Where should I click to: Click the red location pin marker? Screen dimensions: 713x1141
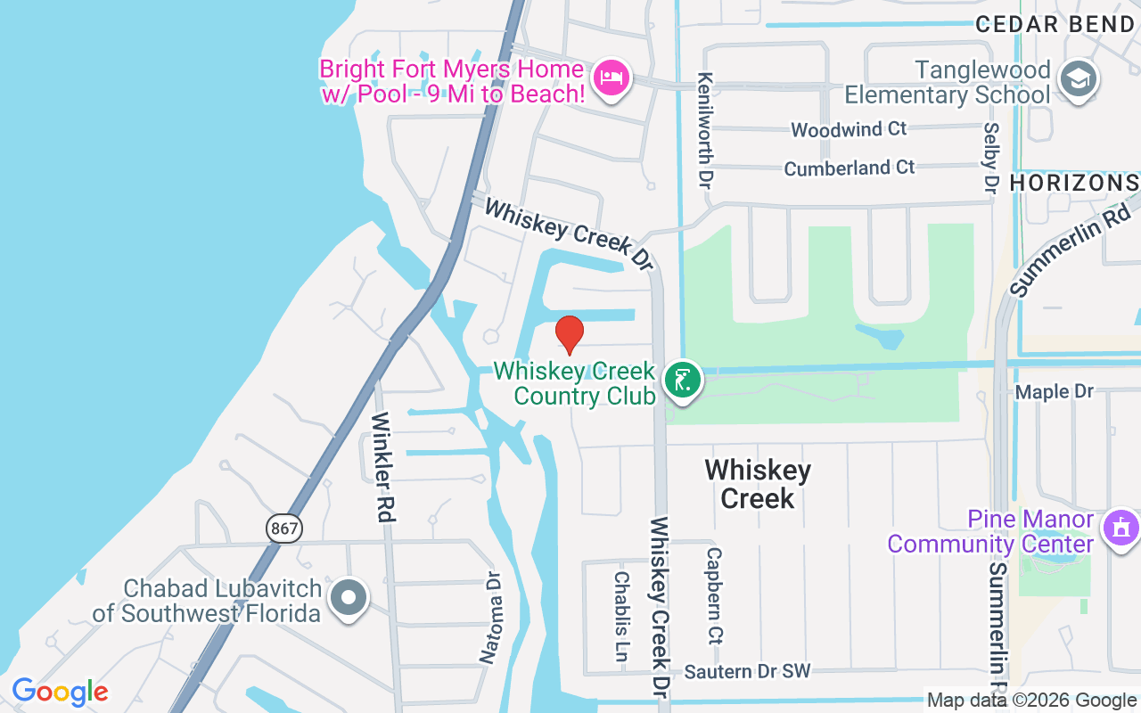click(x=570, y=334)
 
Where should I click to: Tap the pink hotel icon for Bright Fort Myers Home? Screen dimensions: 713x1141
click(x=611, y=78)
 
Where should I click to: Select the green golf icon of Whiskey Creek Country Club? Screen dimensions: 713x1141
click(x=684, y=381)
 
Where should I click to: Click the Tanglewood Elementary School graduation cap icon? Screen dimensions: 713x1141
click(x=1078, y=80)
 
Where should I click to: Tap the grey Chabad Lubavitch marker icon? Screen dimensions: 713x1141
click(x=349, y=598)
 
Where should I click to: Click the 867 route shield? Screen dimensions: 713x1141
click(x=284, y=528)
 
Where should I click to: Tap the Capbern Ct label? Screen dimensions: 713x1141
click(x=714, y=594)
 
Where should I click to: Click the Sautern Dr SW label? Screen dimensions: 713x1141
click(x=747, y=671)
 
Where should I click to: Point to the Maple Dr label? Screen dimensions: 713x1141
click(x=1055, y=391)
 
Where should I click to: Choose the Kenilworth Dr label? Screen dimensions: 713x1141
click(x=705, y=130)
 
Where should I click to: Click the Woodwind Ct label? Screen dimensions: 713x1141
click(x=849, y=129)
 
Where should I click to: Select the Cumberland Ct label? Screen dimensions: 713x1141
click(x=849, y=168)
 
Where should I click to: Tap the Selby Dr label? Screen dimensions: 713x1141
click(x=990, y=158)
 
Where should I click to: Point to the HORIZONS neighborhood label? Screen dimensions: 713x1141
click(x=1073, y=183)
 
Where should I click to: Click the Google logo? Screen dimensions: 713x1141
click(x=60, y=692)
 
